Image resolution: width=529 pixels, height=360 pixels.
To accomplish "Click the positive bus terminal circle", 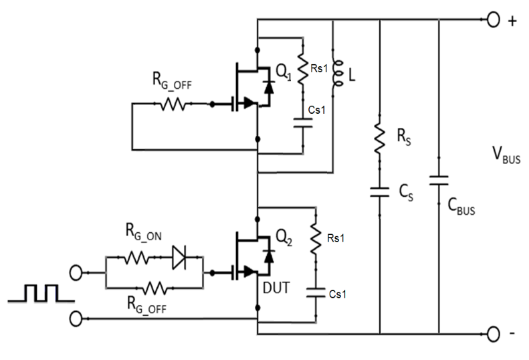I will (493, 19).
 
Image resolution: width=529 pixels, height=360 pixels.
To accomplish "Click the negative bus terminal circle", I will (493, 333).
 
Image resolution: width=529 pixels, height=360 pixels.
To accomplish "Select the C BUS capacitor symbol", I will (439, 181).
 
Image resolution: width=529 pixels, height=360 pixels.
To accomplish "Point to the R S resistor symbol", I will (379, 140).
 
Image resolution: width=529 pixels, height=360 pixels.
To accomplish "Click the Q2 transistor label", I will (284, 236).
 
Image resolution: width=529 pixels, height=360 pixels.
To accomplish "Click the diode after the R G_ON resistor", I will (180, 256).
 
